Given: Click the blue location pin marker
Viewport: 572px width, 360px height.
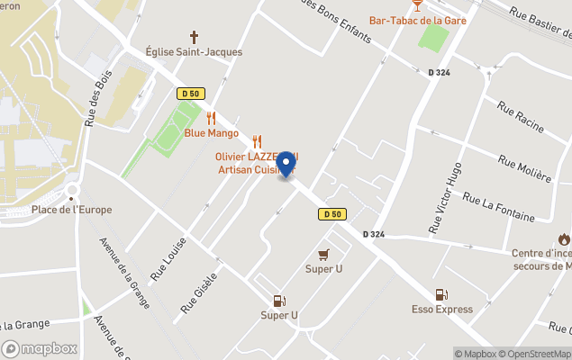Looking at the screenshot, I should [287, 165].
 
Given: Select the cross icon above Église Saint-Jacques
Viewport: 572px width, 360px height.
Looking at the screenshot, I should [194, 37].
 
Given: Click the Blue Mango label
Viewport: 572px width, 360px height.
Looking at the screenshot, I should [212, 133].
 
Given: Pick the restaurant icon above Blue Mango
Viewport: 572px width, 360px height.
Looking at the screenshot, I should [212, 118].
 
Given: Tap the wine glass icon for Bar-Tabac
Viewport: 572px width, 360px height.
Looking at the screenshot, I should [417, 5].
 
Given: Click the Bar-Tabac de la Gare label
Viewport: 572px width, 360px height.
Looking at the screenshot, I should [417, 21].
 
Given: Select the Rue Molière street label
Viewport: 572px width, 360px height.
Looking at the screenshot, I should [524, 167].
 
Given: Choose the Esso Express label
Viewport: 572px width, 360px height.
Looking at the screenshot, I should [441, 310].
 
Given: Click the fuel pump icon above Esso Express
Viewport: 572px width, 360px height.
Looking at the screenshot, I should [441, 294].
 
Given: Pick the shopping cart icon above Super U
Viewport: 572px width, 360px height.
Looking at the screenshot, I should [324, 254].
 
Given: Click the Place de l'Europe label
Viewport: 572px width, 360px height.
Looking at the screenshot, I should [72, 210].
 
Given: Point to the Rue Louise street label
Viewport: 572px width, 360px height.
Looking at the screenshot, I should [168, 260].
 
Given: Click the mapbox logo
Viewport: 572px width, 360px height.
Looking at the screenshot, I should [40, 348].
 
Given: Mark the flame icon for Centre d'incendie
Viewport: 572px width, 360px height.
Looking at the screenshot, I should [564, 239].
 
